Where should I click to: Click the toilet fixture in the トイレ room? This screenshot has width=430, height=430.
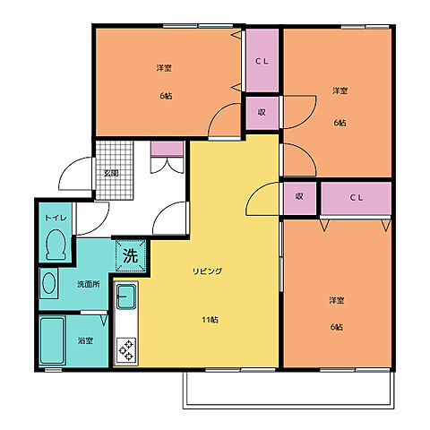(56, 244)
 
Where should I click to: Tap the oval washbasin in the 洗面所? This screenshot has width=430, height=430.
(49, 283)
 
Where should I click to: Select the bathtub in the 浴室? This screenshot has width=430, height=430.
(53, 340)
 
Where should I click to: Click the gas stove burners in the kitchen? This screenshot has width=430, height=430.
(126, 350)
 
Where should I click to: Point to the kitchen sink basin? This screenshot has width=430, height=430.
(126, 297)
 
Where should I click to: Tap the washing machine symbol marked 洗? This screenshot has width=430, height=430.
(131, 255)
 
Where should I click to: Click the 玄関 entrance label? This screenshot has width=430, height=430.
(111, 173)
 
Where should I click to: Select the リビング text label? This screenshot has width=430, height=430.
(208, 271)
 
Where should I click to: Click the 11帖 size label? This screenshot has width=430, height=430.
(210, 320)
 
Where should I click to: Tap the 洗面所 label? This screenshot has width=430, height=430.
(89, 284)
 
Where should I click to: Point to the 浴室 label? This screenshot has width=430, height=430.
(85, 340)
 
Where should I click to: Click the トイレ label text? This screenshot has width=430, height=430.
(56, 218)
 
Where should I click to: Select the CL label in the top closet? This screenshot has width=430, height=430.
(262, 61)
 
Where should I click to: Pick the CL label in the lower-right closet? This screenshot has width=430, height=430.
(357, 197)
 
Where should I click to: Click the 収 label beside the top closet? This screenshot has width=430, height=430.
(262, 112)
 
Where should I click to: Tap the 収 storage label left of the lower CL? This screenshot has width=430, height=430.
(299, 196)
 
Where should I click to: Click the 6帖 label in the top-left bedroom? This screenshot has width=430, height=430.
(166, 96)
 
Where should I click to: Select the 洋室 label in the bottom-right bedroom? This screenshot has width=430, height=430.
(337, 300)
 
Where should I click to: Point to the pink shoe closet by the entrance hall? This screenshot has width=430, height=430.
(167, 149)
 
